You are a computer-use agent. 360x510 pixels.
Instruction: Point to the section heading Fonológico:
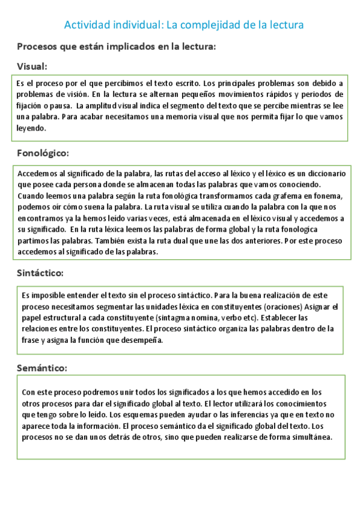[43, 153]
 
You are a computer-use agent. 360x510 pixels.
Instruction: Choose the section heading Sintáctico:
[41, 274]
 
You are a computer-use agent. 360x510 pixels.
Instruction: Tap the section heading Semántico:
[41, 367]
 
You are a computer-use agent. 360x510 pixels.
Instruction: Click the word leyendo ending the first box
[31, 129]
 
